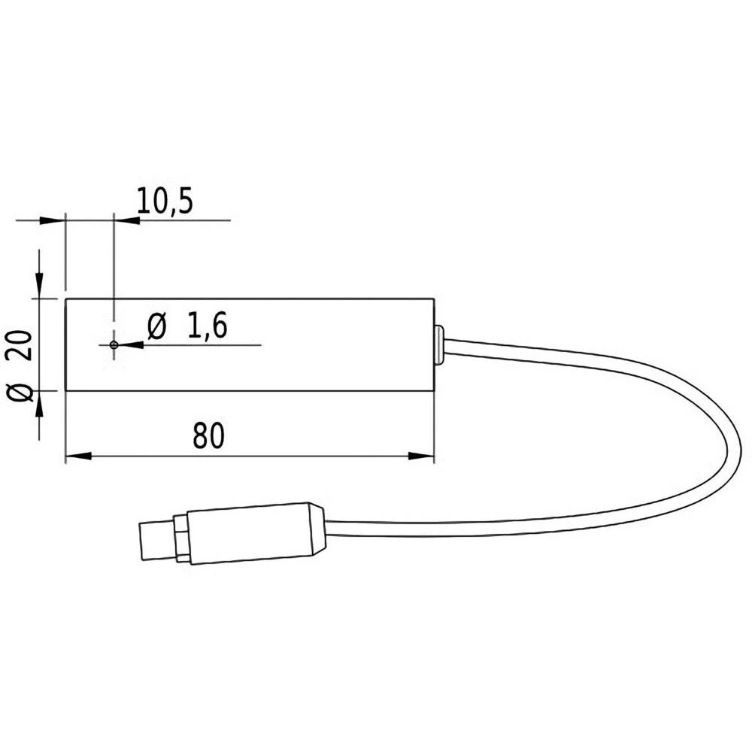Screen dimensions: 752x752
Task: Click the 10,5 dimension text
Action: coord(165,201)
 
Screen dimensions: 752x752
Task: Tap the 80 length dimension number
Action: coord(208,436)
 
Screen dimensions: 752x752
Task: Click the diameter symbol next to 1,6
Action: coord(157,327)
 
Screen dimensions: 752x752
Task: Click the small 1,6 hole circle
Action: coord(114,344)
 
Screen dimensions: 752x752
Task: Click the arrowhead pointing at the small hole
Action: coord(129,344)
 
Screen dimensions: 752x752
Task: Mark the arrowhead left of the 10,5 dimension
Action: coord(52,220)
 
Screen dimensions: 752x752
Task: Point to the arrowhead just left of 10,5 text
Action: coord(127,220)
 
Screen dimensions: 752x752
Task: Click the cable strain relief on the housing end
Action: coord(438,345)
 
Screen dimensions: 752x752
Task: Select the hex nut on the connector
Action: coord(181,537)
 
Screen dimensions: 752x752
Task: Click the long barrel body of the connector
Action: coord(248,533)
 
